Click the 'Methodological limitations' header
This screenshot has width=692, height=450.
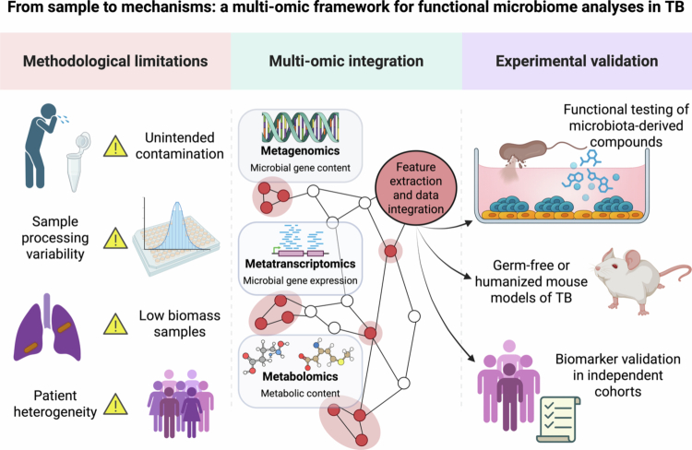[x=115, y=61]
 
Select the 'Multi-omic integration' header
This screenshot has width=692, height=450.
[x=346, y=61]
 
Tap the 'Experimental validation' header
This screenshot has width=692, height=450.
[x=577, y=61]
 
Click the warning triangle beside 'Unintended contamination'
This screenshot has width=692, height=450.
[x=115, y=146]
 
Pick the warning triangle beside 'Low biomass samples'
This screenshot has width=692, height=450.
[x=115, y=325]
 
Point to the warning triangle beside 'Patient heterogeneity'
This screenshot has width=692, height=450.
[x=115, y=405]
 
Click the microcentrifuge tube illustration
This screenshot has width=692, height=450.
[x=78, y=161]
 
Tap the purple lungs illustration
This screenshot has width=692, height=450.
[x=47, y=327]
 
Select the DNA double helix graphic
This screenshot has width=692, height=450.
[x=300, y=127]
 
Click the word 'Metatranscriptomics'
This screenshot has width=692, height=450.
[x=300, y=264]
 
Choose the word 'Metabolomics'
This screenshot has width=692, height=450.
[x=300, y=376]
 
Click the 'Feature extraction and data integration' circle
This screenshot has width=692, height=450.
[x=416, y=188]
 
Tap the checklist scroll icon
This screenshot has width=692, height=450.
[x=558, y=420]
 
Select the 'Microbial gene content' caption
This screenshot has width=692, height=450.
[x=300, y=168]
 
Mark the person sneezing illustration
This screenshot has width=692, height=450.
[x=42, y=146]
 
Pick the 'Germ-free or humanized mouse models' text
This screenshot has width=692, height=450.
[x=531, y=281]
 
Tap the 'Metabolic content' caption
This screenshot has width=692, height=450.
[x=300, y=393]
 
